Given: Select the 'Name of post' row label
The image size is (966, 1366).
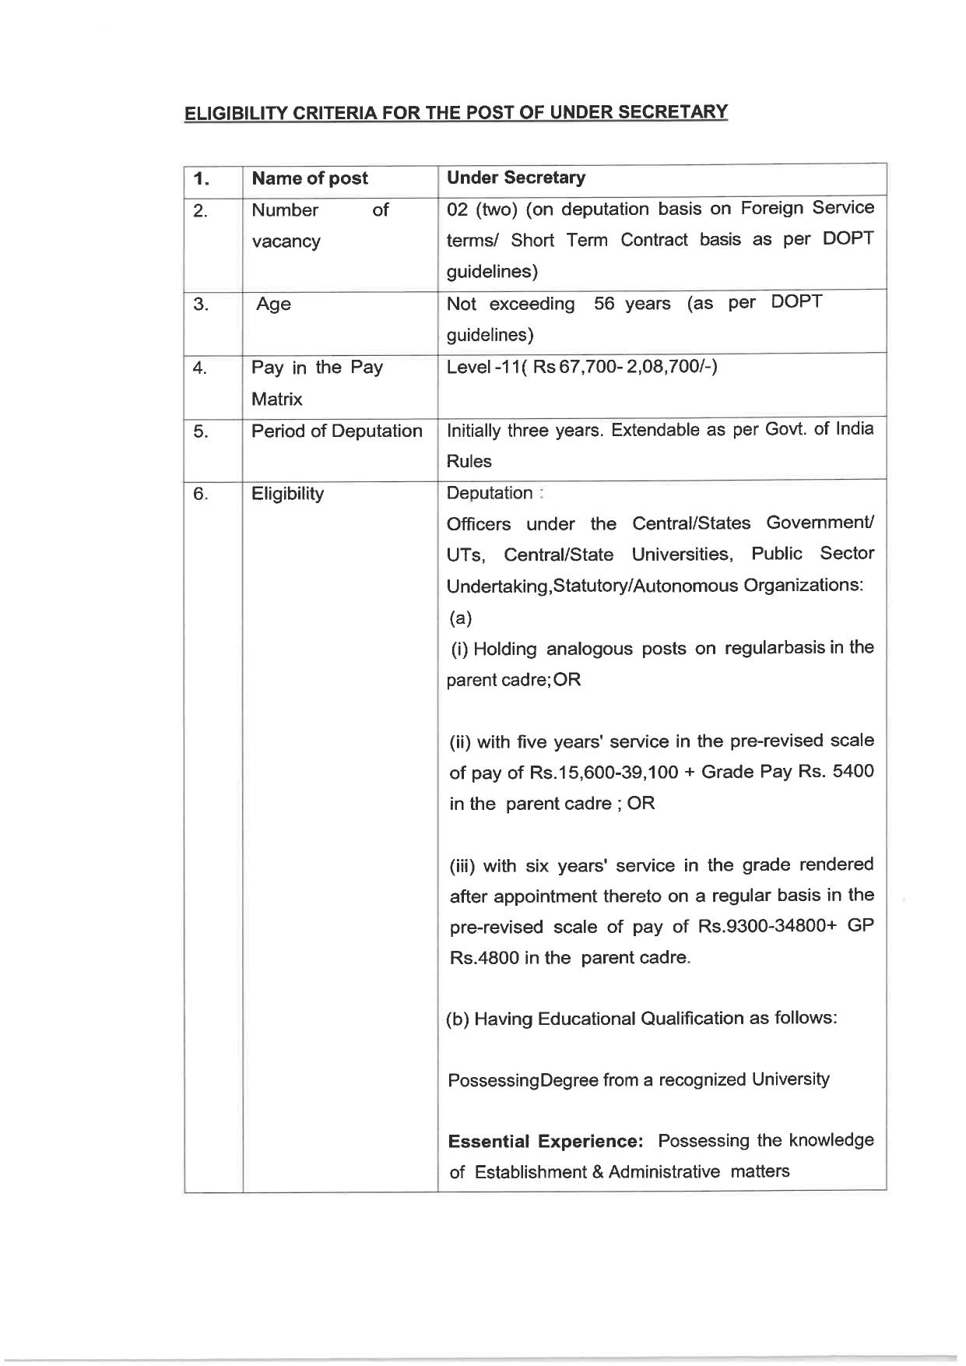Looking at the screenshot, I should [309, 178].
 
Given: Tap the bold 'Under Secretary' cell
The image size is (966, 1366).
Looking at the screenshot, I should [515, 178].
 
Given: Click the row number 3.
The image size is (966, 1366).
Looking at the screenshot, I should [200, 305].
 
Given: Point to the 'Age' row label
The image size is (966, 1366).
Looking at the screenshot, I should [273, 305].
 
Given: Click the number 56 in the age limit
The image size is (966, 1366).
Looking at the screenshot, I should [604, 304].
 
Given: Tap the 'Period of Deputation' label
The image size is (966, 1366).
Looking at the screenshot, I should [336, 431].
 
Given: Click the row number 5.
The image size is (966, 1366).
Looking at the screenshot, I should [200, 431].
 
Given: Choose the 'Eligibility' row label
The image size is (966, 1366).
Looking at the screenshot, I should [287, 494].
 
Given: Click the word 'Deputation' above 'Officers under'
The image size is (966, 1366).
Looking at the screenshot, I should [489, 493].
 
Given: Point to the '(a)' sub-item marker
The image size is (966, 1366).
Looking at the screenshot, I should [460, 618].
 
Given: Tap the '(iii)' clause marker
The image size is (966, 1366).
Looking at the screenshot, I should [465, 865].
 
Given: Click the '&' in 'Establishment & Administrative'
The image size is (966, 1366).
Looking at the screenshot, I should [597, 1172].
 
